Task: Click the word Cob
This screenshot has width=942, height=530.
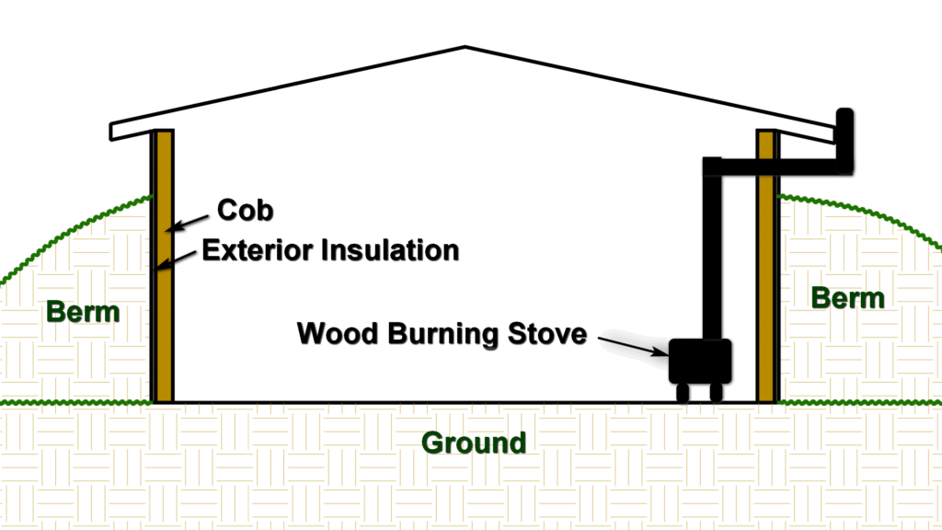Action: pos(245,211)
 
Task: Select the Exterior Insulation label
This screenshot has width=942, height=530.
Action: pos(330,250)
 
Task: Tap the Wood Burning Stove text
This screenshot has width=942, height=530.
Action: pos(442,333)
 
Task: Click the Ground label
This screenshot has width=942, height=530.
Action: pos(474,443)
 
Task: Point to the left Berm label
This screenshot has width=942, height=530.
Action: pos(83,312)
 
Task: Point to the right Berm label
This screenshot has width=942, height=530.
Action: pos(847,298)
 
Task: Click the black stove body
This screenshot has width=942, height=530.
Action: pos(700,361)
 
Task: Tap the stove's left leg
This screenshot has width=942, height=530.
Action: pos(683,392)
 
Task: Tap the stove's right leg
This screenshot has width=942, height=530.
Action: pos(716,392)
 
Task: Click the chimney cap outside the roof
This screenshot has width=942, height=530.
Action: pos(844,141)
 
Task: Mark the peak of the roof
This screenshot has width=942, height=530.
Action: pos(465,46)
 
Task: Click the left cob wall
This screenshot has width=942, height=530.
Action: pos(165,266)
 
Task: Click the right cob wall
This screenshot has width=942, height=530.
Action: pos(766,266)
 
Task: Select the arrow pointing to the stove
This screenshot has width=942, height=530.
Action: pos(634,346)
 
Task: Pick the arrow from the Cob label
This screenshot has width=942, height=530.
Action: pos(188,223)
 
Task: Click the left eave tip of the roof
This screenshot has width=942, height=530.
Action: pos(110,132)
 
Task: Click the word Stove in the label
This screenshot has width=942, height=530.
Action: pos(547,333)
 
